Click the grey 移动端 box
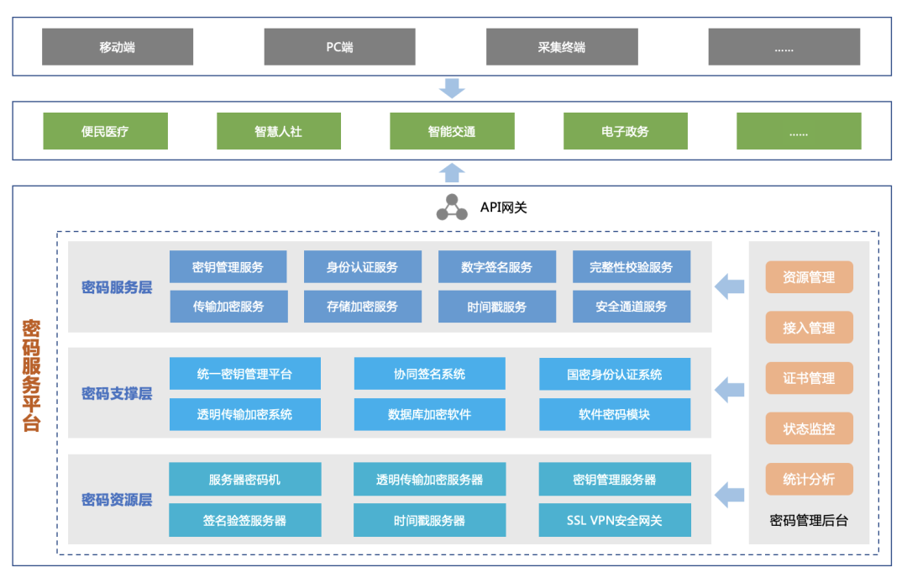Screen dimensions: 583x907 pyautogui.click(x=118, y=47)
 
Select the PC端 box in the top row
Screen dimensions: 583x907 pyautogui.click(x=339, y=47)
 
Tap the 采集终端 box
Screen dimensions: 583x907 pyautogui.click(x=562, y=47)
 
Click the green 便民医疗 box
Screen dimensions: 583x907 pyautogui.click(x=105, y=131)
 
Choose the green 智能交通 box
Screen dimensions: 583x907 pyautogui.click(x=452, y=131)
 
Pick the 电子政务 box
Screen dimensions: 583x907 pyautogui.click(x=626, y=131)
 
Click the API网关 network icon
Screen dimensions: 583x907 pyautogui.click(x=452, y=207)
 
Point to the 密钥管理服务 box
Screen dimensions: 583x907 pyautogui.click(x=228, y=267)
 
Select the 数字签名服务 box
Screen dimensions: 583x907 pyautogui.click(x=496, y=267)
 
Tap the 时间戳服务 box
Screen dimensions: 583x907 pyautogui.click(x=496, y=307)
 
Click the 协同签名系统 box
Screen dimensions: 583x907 pyautogui.click(x=429, y=374)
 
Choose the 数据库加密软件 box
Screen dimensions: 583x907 pyautogui.click(x=429, y=414)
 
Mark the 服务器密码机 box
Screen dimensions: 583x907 pyautogui.click(x=244, y=480)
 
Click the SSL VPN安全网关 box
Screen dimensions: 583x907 pyautogui.click(x=614, y=520)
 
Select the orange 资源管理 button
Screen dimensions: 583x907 pyautogui.click(x=809, y=277)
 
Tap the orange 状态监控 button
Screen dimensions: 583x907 pyautogui.click(x=809, y=428)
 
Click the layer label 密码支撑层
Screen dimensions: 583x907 pyautogui.click(x=117, y=393)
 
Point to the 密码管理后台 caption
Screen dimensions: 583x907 pyautogui.click(x=809, y=520)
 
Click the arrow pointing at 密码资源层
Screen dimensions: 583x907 pyautogui.click(x=729, y=493)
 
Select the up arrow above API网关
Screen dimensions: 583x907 pyautogui.click(x=452, y=172)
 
